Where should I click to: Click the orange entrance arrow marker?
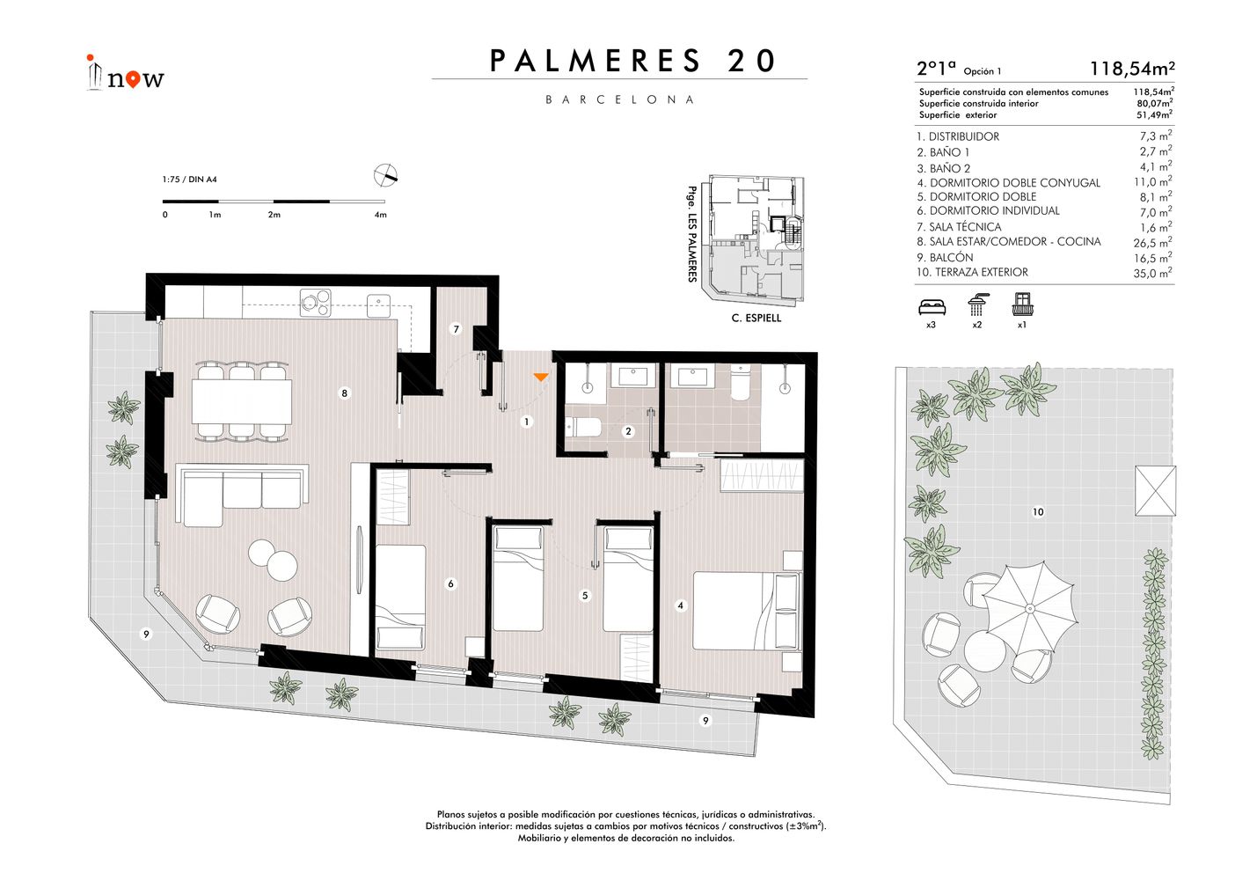pos(541,378)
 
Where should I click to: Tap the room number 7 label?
pos(456,329)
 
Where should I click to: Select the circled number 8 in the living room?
pos(345,393)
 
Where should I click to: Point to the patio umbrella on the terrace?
pos(1029,608)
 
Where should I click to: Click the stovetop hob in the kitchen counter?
pos(316,303)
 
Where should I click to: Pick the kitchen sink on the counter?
pos(379,305)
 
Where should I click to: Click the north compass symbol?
pos(385,175)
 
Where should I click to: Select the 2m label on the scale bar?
pos(274,215)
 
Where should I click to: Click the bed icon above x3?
pos(932,306)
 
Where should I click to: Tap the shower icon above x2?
pos(976,304)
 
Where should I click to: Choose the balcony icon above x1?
pos(1023,304)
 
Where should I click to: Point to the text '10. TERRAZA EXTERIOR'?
pos(972,272)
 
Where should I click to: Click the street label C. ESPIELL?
pos(756,319)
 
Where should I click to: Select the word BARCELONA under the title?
pos(620,99)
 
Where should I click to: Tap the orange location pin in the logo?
pos(133,80)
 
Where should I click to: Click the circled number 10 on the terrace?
pos(1038,512)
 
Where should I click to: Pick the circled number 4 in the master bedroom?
pos(680,605)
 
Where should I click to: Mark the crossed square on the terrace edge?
pos(1155,491)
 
